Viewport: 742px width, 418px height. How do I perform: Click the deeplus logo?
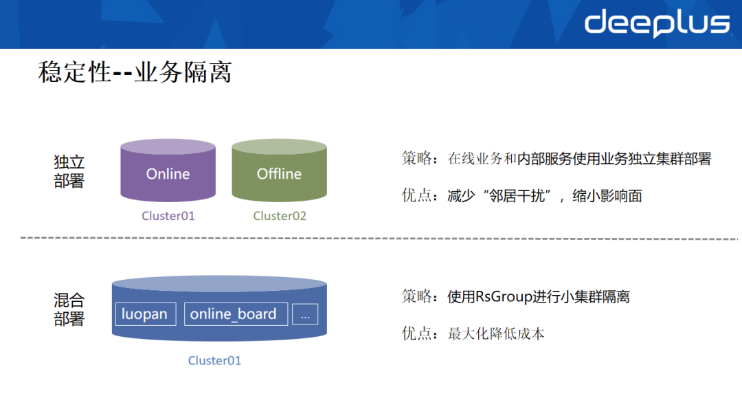[657, 23]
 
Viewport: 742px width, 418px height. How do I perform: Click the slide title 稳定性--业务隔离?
[135, 72]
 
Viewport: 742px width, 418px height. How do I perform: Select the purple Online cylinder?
[168, 170]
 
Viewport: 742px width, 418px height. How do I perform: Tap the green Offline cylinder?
[279, 170]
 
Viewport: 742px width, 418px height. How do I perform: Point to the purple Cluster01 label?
[168, 216]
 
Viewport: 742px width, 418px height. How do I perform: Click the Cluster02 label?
[280, 216]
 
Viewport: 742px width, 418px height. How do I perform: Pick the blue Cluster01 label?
[214, 361]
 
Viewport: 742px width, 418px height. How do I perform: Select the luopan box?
[146, 314]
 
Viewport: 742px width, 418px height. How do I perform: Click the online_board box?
[236, 314]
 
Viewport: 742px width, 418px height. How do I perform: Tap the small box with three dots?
[305, 314]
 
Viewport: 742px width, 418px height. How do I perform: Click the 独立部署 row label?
[69, 171]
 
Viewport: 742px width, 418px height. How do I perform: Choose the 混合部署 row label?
[69, 309]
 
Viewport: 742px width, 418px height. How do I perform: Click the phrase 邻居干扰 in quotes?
[517, 195]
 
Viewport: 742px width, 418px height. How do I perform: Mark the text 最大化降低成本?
[496, 333]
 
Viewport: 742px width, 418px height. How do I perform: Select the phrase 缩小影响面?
[607, 195]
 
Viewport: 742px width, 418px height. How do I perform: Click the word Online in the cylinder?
[168, 174]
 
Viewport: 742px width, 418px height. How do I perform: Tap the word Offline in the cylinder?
[279, 174]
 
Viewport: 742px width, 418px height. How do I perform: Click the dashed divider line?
[379, 238]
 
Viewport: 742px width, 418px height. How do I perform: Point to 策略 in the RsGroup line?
[416, 296]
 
